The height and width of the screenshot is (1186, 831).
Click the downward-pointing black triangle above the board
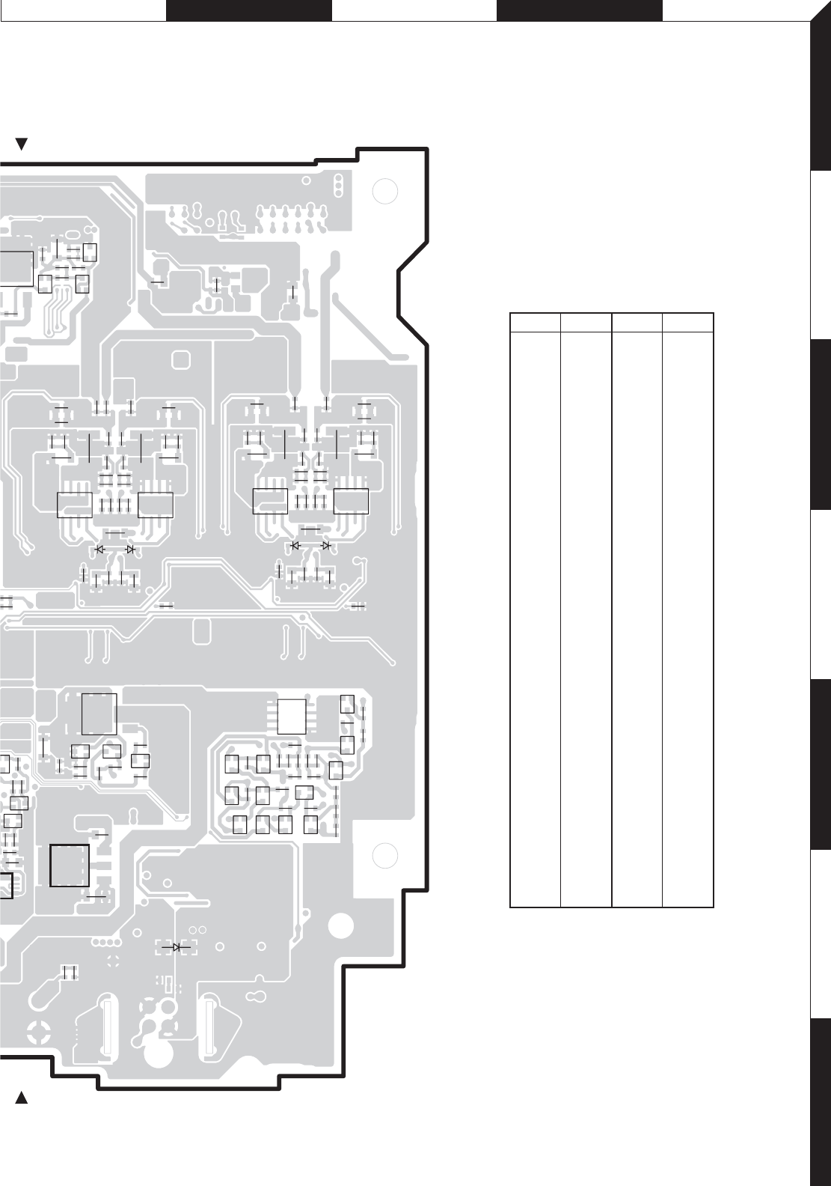point(22,145)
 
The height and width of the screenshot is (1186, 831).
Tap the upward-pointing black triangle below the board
point(22,1098)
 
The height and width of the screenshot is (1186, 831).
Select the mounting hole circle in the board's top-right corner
point(384,192)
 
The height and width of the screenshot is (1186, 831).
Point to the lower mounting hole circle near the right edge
point(384,854)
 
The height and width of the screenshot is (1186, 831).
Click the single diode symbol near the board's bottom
point(177,947)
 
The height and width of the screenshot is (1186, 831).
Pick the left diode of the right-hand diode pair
point(295,546)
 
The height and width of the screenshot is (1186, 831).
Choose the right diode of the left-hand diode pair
point(130,549)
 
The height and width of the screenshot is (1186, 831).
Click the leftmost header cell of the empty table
point(536,322)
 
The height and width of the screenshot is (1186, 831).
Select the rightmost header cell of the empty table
point(688,322)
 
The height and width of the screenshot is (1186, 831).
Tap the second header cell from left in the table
point(586,322)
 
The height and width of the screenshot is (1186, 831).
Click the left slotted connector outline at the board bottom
point(105,1025)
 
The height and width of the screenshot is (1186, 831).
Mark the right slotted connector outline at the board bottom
point(209,1025)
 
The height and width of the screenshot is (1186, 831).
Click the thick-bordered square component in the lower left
point(70,866)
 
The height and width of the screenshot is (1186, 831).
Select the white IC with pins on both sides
point(292,716)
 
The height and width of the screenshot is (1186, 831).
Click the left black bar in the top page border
point(248,10)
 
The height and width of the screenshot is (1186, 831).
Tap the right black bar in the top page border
point(580,10)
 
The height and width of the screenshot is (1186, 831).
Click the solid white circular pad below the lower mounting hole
point(341,925)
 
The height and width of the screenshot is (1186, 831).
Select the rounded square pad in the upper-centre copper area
point(181,360)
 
